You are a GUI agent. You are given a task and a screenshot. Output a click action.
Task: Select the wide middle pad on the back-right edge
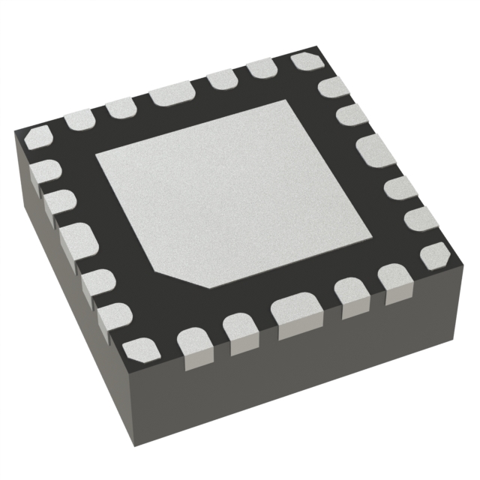point(370,149)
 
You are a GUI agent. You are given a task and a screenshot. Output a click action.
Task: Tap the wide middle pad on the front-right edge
point(293,313)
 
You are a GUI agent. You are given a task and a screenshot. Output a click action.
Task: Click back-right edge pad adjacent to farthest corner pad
point(333,88)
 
